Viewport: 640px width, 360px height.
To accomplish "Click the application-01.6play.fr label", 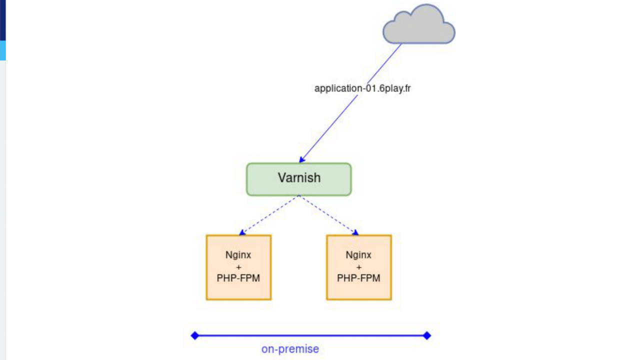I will click(362, 88).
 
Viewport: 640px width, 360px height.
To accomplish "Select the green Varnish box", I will click(299, 179).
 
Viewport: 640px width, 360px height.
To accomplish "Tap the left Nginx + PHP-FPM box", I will click(238, 267).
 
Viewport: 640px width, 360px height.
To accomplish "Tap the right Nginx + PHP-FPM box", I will click(359, 267).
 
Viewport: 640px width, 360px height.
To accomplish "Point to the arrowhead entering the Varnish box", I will click(302, 159).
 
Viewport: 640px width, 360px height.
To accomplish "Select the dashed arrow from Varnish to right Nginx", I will click(328, 214).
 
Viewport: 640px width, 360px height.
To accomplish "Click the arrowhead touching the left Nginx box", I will click(242, 232).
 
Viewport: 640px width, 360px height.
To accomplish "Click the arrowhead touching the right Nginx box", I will click(355, 232).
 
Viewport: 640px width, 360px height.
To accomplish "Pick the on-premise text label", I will click(290, 349).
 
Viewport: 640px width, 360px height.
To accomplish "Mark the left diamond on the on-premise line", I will click(195, 335).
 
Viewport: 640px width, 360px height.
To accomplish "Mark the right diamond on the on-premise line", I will click(427, 335).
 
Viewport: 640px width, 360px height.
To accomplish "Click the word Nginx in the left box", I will click(238, 255).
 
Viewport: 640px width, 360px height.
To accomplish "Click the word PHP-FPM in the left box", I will click(238, 278).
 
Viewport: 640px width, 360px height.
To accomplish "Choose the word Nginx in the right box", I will click(359, 255).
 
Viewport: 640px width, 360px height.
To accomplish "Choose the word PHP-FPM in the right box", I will click(359, 278).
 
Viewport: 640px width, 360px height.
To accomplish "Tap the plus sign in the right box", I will click(359, 267).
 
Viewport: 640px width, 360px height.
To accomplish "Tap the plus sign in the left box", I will click(238, 267).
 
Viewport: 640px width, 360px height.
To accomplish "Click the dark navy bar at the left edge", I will click(2, 20).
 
